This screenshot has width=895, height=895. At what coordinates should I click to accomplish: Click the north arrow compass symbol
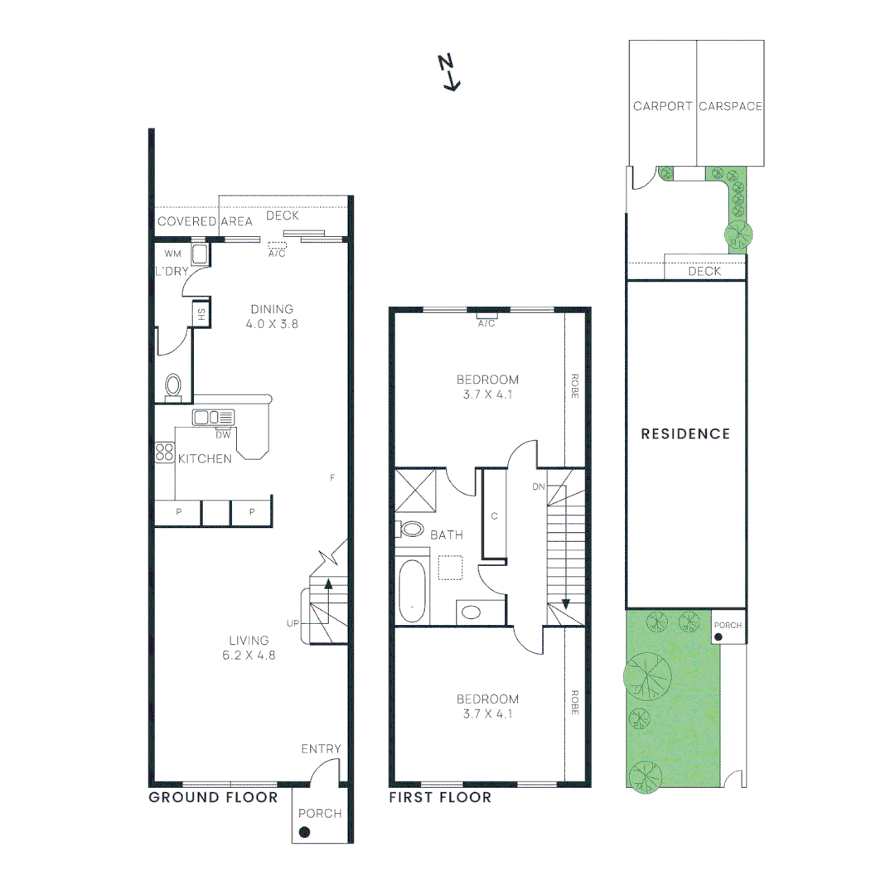(448, 71)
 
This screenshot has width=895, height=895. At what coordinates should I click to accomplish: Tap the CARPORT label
(662, 106)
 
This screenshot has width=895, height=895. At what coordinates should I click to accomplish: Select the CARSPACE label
(730, 106)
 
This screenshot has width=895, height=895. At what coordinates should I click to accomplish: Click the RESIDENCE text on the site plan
(685, 433)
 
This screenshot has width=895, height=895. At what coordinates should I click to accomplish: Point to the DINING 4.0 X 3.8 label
(272, 317)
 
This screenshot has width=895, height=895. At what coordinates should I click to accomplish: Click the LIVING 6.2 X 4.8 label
(249, 647)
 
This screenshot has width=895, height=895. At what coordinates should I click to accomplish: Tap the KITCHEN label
(205, 458)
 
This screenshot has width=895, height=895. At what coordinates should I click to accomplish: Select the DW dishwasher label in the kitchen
(223, 434)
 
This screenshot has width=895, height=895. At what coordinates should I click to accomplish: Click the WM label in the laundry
(172, 254)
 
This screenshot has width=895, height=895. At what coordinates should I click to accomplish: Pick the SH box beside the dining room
(201, 315)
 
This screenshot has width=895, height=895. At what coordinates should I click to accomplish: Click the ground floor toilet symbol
(173, 385)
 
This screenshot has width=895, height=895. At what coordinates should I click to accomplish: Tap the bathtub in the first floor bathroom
(412, 591)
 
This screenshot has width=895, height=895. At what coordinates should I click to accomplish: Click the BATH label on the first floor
(446, 535)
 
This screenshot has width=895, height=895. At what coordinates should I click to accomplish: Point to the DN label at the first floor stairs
(538, 486)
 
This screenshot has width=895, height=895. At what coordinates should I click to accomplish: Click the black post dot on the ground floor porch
(304, 832)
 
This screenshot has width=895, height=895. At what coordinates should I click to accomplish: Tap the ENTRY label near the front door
(321, 749)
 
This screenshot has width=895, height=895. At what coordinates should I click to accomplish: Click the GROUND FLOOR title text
(213, 797)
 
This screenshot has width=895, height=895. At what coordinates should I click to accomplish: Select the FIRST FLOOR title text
(440, 797)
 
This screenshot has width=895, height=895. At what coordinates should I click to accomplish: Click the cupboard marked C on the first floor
(494, 515)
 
